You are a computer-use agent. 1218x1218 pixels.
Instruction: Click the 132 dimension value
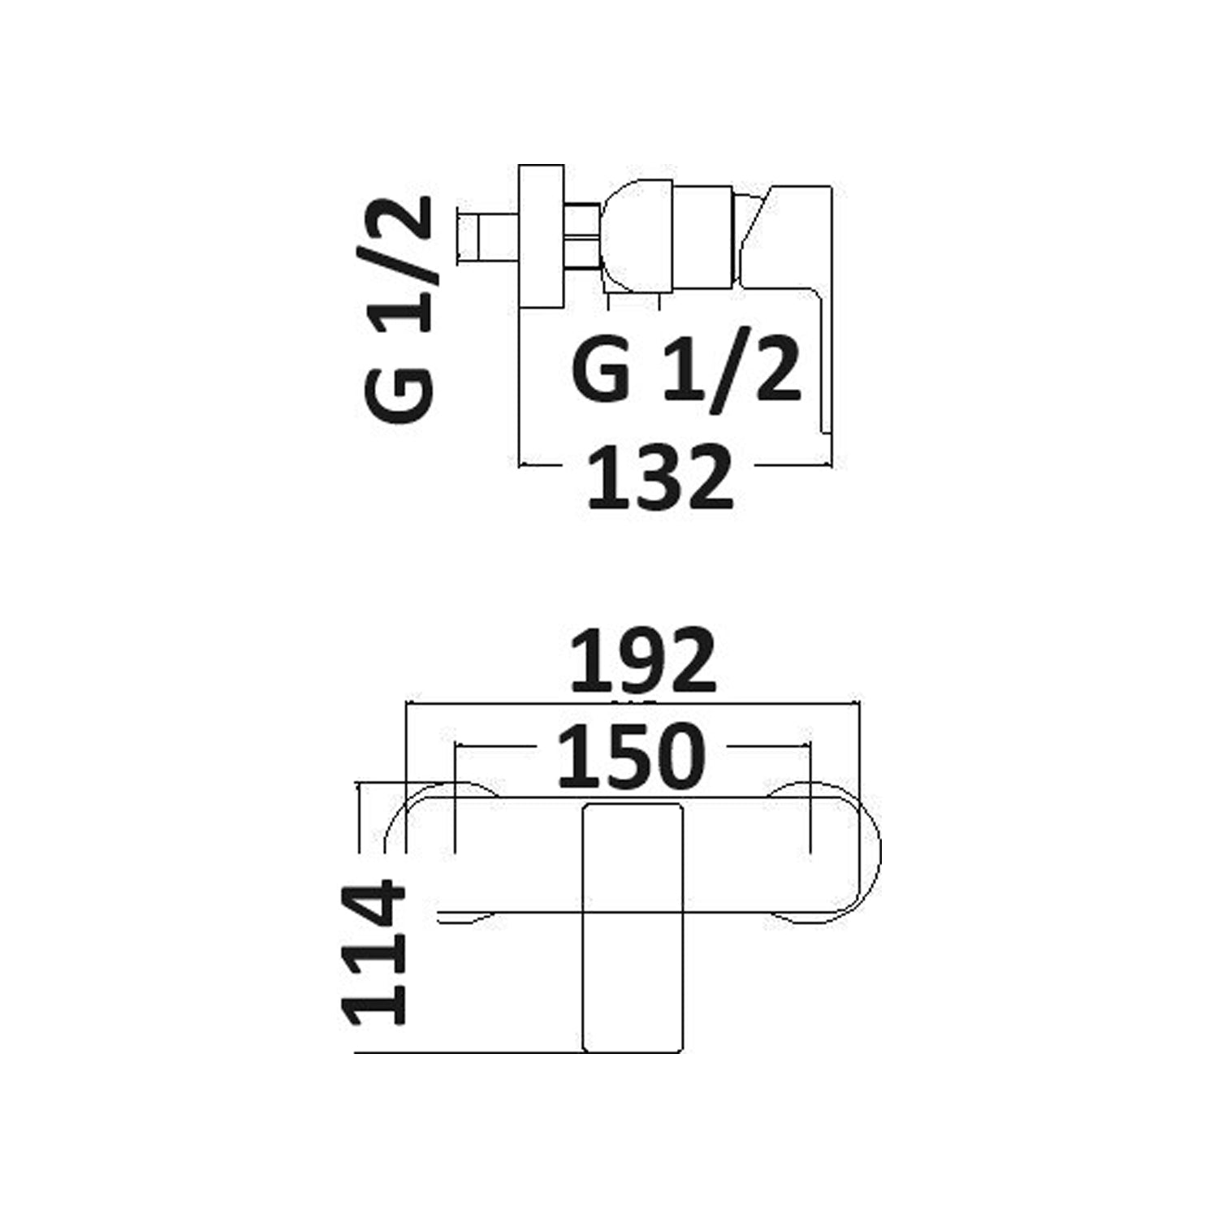(659, 477)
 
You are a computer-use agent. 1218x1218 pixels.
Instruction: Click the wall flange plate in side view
(541, 237)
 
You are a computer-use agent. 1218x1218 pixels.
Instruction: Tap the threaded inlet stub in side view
(486, 237)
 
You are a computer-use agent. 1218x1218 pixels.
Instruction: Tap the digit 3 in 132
(659, 477)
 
